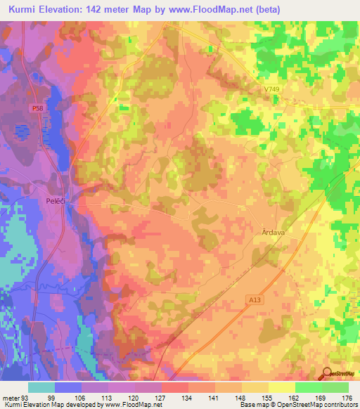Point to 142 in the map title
pyautogui.click(x=112, y=8)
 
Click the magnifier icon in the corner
pyautogui.click(x=327, y=373)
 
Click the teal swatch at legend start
pyautogui.click(x=41, y=387)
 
